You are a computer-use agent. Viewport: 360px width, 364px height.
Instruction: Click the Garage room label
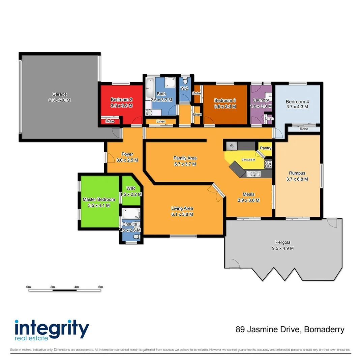click(x=59, y=94)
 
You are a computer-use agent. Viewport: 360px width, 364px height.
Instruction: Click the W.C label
click(x=184, y=88)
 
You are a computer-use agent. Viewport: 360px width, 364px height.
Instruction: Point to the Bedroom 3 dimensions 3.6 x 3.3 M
click(x=225, y=106)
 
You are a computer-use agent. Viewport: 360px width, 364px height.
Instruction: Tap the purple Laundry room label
click(x=261, y=100)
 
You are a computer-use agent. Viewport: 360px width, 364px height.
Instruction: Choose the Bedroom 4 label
click(x=297, y=102)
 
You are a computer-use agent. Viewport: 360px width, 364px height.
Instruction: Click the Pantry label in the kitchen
click(x=266, y=148)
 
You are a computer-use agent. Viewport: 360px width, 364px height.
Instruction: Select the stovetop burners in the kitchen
click(x=268, y=164)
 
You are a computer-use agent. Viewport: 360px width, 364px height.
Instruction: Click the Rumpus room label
click(x=297, y=174)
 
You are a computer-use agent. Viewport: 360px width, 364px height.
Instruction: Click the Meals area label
click(x=249, y=194)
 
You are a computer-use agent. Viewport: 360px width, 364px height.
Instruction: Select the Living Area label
click(x=182, y=208)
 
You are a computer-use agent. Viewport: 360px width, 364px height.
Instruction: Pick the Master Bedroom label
click(x=99, y=200)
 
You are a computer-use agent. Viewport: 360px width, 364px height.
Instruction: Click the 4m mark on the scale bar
click(x=77, y=287)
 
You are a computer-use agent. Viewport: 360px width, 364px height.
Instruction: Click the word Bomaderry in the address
click(x=324, y=329)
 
